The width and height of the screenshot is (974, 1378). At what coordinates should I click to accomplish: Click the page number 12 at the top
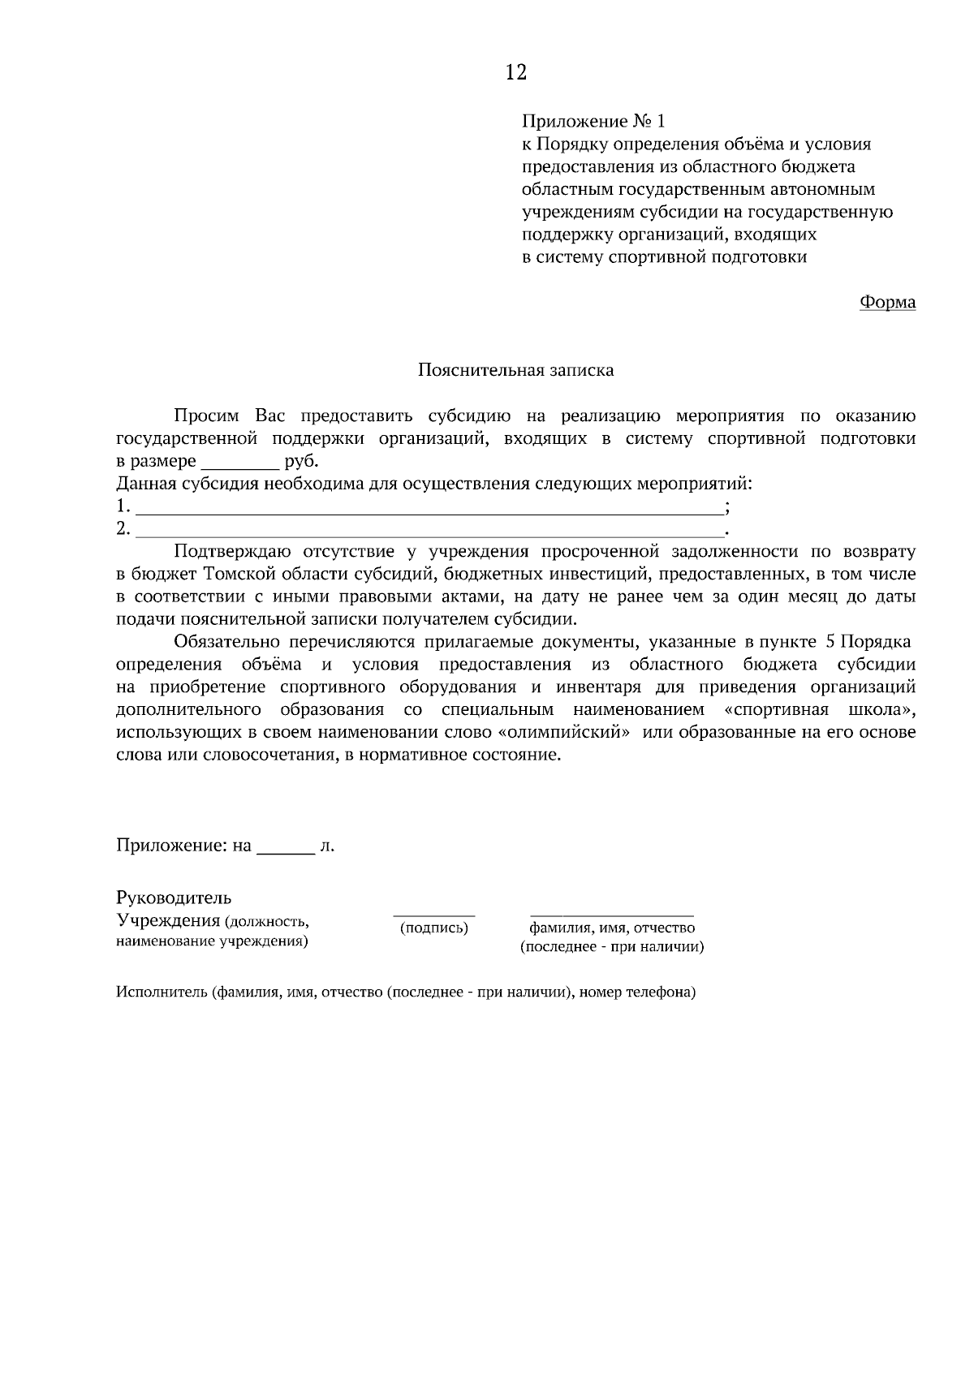point(515,72)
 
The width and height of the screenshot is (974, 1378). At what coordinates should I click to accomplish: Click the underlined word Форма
point(887,302)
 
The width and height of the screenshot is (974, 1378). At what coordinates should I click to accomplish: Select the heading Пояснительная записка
point(515,370)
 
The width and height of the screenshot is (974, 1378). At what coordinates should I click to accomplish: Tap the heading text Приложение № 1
point(593,122)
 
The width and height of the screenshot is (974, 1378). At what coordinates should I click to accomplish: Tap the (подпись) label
point(434,928)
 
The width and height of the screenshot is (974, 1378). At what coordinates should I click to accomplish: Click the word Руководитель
point(174,898)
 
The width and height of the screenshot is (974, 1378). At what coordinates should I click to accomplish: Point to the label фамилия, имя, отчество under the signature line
point(612,928)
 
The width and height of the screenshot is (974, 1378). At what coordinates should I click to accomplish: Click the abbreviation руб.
point(302,462)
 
